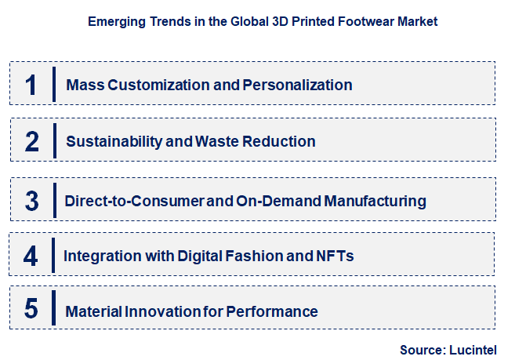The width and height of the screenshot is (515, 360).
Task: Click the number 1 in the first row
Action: (x=31, y=85)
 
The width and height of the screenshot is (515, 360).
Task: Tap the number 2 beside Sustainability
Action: (x=32, y=142)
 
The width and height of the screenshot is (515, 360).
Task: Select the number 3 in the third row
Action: (x=31, y=201)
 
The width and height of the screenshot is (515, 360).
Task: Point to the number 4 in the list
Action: (x=31, y=256)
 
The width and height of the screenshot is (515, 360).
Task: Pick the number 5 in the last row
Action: (x=31, y=311)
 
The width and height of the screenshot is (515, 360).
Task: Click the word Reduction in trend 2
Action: (x=280, y=142)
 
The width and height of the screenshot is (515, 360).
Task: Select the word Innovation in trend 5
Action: (x=159, y=311)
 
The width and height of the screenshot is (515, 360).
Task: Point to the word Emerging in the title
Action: (x=111, y=22)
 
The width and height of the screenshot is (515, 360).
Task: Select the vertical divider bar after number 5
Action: (x=54, y=307)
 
